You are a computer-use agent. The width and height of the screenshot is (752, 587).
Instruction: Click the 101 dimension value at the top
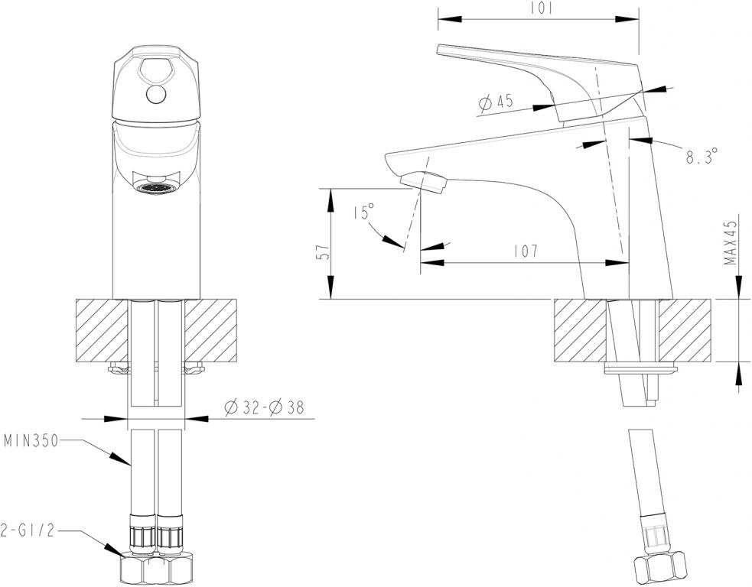tap(540, 9)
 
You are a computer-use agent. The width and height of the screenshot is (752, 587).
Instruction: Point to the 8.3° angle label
tap(702, 157)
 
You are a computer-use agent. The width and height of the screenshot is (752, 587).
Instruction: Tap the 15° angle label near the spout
tap(364, 212)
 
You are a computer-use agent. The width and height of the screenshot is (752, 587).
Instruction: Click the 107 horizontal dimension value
tap(526, 251)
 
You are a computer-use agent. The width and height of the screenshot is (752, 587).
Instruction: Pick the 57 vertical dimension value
tap(322, 253)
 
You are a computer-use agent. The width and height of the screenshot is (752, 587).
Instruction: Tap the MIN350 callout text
tap(31, 441)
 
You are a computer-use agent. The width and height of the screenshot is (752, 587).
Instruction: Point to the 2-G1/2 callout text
tap(29, 530)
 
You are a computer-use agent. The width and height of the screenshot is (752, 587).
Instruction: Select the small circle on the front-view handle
tap(156, 95)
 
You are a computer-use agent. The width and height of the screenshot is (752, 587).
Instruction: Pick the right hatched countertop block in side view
tap(686, 329)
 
